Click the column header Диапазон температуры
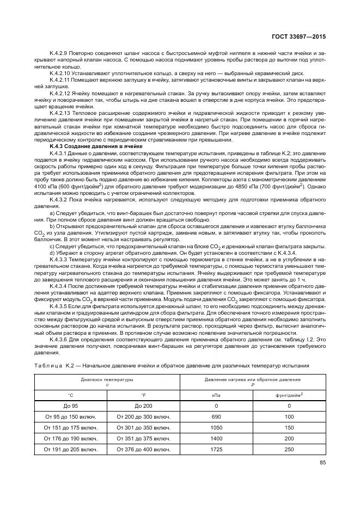(x=107, y=379)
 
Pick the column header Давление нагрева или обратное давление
(x=253, y=379)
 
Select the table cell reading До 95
(x=70, y=406)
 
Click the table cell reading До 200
(x=143, y=406)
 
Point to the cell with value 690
(x=216, y=416)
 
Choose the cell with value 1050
(x=216, y=427)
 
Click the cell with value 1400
(x=216, y=438)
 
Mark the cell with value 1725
(x=216, y=449)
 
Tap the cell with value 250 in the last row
(x=289, y=449)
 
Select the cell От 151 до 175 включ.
(x=70, y=427)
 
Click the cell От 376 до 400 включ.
(x=143, y=449)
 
